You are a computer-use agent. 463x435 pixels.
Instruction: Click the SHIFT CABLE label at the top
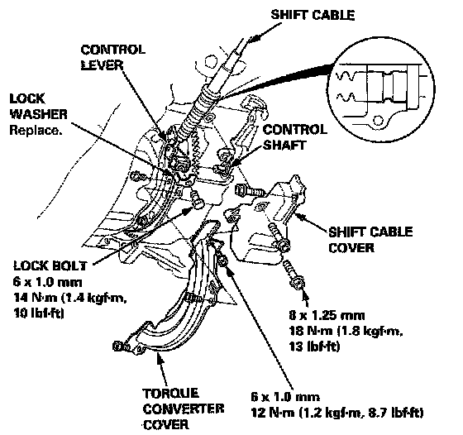pyautogui.click(x=313, y=15)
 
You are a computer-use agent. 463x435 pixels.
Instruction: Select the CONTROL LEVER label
pyautogui.click(x=113, y=57)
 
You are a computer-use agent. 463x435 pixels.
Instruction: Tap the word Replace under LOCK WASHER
pyautogui.click(x=36, y=130)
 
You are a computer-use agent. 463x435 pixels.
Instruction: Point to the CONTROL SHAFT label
pyautogui.click(x=294, y=137)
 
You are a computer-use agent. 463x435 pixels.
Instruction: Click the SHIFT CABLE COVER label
pyautogui.click(x=370, y=240)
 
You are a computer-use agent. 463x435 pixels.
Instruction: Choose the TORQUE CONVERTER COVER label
pyautogui.click(x=184, y=409)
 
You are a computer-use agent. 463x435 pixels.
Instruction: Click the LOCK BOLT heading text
pyautogui.click(x=50, y=265)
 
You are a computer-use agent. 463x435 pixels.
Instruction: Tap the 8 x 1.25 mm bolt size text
pyautogui.click(x=327, y=315)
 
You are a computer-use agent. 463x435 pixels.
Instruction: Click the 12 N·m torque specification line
pyautogui.click(x=337, y=413)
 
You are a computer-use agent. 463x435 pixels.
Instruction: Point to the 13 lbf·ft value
pyautogui.click(x=314, y=347)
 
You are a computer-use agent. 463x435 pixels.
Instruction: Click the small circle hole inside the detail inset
pyautogui.click(x=378, y=120)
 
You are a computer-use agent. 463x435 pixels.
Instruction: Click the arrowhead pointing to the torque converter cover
pyautogui.click(x=160, y=359)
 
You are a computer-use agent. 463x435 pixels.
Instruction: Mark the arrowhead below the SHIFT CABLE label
pyautogui.click(x=254, y=38)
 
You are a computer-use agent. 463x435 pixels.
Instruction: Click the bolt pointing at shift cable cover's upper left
pyautogui.click(x=249, y=190)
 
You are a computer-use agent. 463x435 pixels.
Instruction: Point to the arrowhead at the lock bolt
pyautogui.click(x=188, y=211)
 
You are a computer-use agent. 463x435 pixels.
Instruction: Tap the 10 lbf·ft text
pyautogui.click(x=39, y=313)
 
